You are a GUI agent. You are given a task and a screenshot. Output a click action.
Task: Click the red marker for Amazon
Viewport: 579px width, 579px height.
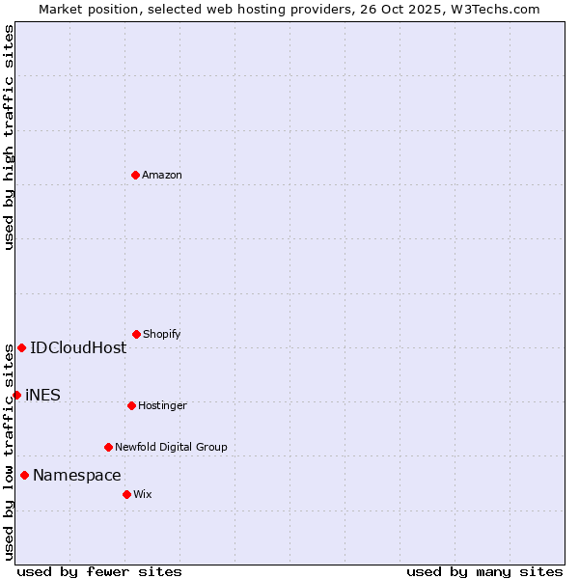(x=135, y=175)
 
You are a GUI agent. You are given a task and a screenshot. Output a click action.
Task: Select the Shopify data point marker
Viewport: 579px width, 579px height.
(x=136, y=334)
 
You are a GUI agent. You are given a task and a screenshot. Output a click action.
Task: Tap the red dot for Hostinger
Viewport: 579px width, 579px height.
(x=131, y=405)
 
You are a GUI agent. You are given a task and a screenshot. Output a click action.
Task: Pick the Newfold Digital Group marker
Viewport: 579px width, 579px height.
(x=108, y=447)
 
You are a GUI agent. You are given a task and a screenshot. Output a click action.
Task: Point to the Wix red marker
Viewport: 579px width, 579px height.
(x=126, y=494)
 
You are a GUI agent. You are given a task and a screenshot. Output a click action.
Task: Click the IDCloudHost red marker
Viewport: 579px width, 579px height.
(x=21, y=347)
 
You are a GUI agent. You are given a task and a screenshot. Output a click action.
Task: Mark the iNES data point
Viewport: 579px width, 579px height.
(x=16, y=395)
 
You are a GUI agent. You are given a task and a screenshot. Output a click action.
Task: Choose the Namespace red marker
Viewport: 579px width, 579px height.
(x=24, y=475)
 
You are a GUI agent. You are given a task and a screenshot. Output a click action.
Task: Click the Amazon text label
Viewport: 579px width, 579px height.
(x=162, y=175)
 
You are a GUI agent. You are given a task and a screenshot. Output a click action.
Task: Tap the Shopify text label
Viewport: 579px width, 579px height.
(x=162, y=334)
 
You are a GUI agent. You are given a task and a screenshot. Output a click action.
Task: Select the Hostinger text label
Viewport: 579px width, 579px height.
(x=162, y=405)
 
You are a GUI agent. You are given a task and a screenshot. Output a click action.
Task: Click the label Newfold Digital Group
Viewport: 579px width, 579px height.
(x=172, y=447)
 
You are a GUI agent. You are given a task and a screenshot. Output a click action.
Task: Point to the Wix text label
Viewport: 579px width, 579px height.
(x=143, y=494)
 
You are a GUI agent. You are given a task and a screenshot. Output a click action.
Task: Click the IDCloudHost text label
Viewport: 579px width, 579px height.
(x=78, y=347)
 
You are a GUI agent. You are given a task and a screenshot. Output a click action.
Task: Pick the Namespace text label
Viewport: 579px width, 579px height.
(x=77, y=475)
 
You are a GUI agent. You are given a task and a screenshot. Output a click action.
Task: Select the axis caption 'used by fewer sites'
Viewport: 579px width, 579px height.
(x=99, y=571)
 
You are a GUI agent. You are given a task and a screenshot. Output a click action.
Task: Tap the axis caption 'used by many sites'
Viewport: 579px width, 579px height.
(x=484, y=571)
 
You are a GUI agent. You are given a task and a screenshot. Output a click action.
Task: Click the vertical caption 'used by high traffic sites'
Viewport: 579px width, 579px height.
(x=9, y=137)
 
